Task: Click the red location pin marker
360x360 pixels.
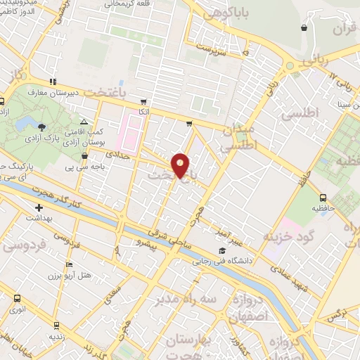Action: (x=181, y=166)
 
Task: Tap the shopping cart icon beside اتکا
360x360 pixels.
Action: (x=144, y=101)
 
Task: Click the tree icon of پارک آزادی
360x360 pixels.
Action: (x=42, y=127)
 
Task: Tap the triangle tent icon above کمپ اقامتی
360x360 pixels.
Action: (x=84, y=121)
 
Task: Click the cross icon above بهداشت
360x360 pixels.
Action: (x=39, y=207)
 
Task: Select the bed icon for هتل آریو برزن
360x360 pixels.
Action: (x=68, y=265)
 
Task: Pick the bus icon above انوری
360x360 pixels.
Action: (x=16, y=297)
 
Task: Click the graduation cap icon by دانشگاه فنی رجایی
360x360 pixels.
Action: (x=222, y=251)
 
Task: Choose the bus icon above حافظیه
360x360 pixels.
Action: (x=323, y=198)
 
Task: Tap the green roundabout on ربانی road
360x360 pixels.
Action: (x=289, y=66)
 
